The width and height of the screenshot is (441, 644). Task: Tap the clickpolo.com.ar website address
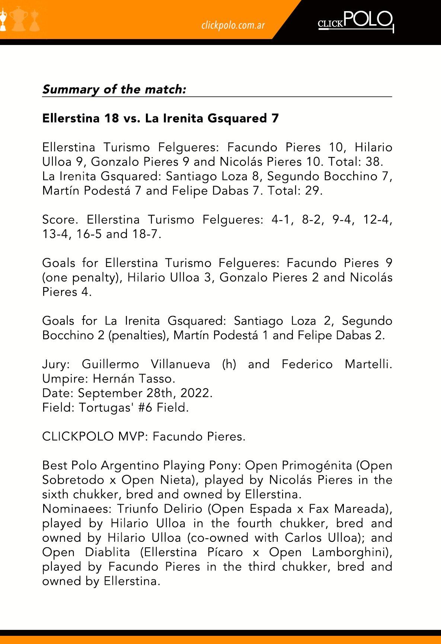233,25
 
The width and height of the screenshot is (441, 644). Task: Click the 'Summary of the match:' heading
114,89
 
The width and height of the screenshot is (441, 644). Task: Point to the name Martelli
368,364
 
